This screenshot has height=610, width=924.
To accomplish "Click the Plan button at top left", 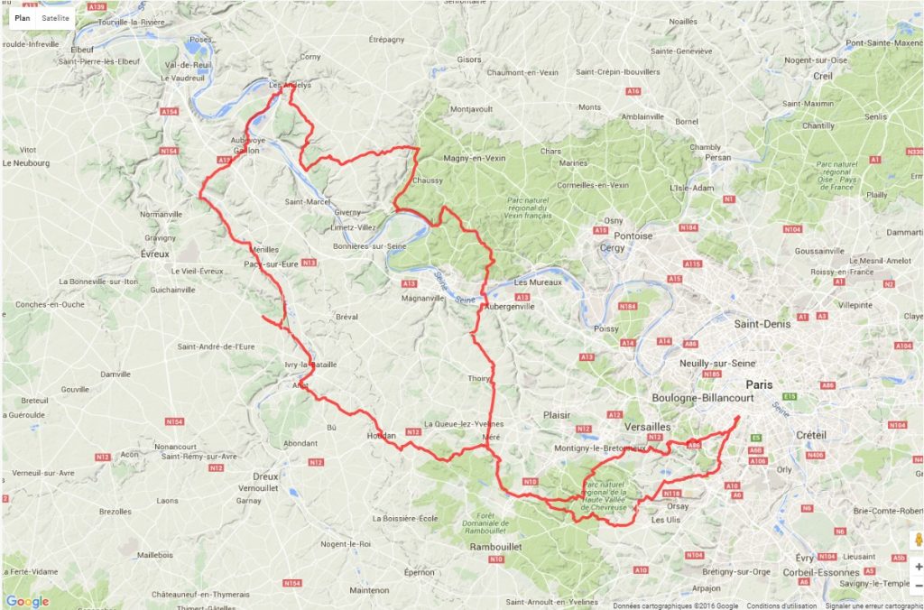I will click(x=22, y=18).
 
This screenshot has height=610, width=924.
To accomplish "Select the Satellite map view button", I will click(x=55, y=18).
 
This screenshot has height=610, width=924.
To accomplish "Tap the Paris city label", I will click(x=759, y=384).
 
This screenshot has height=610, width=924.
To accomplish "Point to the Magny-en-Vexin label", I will click(x=475, y=158).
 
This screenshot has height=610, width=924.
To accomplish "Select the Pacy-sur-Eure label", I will click(x=271, y=264).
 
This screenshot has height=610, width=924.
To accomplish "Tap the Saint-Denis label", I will click(x=762, y=323).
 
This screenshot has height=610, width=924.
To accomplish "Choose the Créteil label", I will click(x=810, y=435).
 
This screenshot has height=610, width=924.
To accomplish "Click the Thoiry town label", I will click(x=479, y=379).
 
